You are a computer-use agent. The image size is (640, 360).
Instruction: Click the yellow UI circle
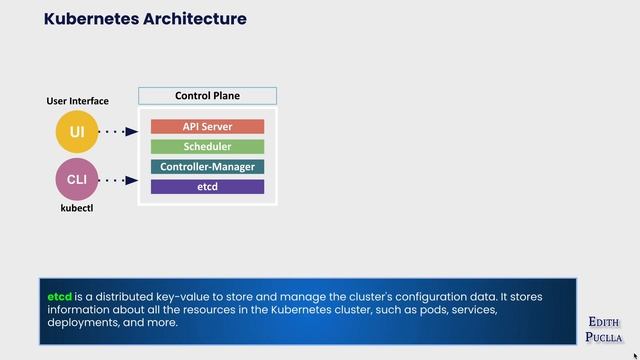pos(77,132)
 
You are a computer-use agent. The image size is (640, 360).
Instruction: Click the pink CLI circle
pos(77,181)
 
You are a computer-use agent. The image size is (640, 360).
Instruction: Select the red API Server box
pos(207,127)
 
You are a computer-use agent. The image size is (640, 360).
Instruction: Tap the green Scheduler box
pos(207,147)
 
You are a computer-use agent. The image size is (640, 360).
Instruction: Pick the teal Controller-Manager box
pos(207,167)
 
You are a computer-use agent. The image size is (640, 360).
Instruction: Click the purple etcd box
pos(207,187)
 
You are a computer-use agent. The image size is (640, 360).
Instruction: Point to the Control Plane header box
pos(207,97)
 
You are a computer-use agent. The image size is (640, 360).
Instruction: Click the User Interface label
pos(77,102)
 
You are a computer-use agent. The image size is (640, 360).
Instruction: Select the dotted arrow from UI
pos(119,132)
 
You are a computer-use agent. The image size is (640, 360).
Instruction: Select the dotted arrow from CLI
pos(119,181)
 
